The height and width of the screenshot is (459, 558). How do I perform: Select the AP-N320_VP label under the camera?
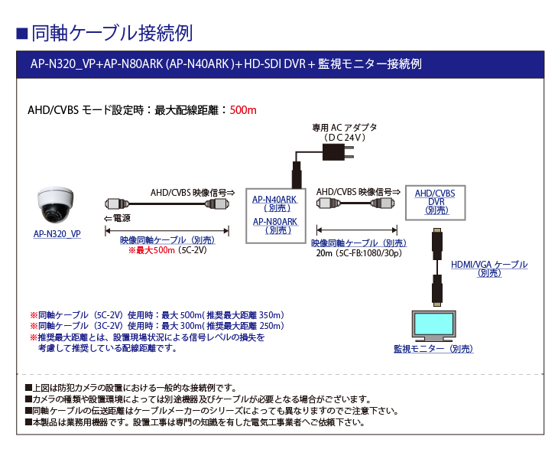(57, 234)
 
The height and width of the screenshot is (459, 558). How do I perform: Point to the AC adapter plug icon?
(339, 152)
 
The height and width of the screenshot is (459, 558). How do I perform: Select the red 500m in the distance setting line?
(243, 110)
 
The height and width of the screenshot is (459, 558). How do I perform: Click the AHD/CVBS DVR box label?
(435, 198)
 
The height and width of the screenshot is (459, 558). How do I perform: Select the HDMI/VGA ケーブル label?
(488, 265)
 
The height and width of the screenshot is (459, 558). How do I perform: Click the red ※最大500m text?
(151, 249)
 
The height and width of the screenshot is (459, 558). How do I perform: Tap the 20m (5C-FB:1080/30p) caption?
(358, 252)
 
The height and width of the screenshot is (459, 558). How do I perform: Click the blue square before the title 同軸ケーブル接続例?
(22, 34)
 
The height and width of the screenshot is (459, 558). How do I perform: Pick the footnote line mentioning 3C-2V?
(157, 326)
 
